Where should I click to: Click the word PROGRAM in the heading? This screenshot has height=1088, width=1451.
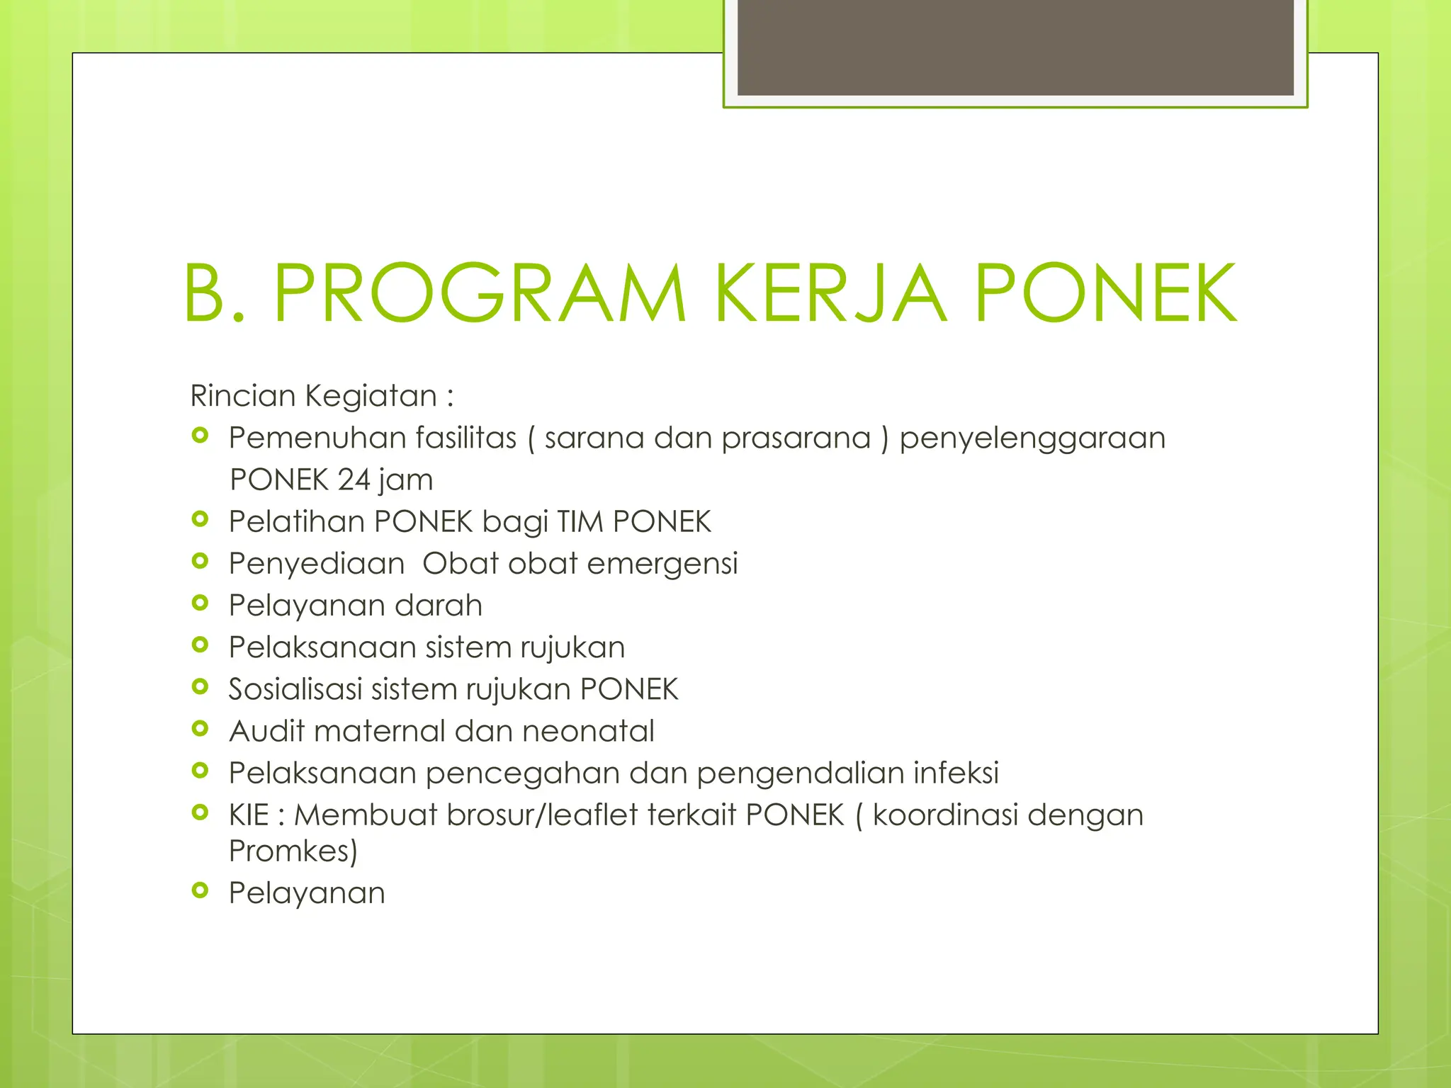coord(480,293)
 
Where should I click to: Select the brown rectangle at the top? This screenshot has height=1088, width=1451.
coord(1015,47)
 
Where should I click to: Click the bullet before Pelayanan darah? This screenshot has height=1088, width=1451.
coord(201,603)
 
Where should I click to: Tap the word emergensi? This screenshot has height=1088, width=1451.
coord(662,564)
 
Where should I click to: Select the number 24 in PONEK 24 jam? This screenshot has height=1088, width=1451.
coord(354,480)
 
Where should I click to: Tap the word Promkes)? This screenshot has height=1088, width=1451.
coord(293,851)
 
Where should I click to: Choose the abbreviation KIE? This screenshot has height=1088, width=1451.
coord(248,815)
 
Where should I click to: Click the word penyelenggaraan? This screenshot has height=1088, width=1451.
coord(1032,438)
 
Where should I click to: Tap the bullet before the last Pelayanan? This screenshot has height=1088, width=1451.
coord(201,891)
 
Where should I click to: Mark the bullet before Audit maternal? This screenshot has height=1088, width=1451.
coord(201,729)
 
